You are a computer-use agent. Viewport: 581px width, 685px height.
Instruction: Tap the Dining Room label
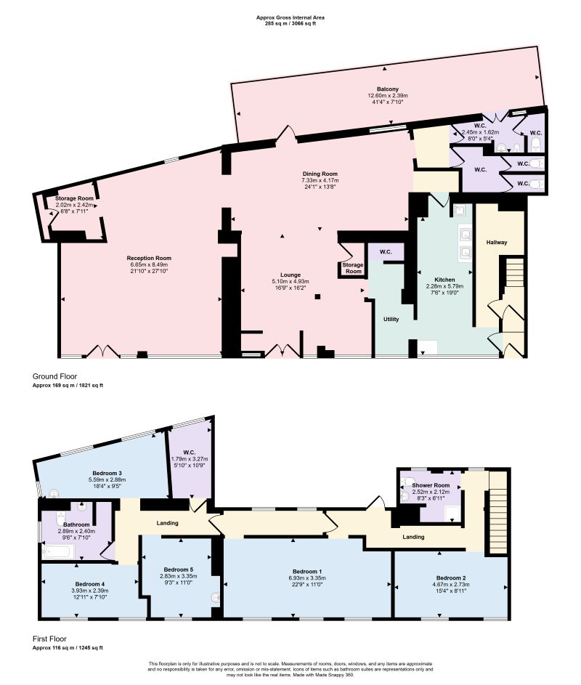(x=320, y=174)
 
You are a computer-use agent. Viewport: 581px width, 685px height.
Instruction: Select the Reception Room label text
(x=149, y=258)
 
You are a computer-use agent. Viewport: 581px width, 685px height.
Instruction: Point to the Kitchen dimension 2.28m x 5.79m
(x=444, y=287)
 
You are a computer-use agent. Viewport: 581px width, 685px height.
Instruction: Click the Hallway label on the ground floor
(x=497, y=243)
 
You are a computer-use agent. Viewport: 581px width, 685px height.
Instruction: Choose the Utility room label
(x=391, y=320)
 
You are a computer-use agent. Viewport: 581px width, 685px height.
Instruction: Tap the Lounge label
(x=290, y=275)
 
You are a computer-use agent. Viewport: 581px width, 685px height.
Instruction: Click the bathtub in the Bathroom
(x=60, y=552)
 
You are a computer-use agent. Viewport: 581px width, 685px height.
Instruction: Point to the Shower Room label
(x=431, y=485)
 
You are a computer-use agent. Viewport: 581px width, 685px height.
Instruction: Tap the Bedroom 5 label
(x=178, y=570)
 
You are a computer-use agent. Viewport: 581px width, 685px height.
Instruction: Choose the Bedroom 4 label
(x=89, y=584)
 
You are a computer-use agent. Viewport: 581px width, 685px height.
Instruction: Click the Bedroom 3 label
(x=107, y=473)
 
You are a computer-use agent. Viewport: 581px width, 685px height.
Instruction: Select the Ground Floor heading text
(x=54, y=376)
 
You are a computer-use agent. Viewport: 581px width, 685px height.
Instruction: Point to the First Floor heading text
(x=49, y=639)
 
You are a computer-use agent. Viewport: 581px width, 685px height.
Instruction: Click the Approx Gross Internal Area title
(x=290, y=18)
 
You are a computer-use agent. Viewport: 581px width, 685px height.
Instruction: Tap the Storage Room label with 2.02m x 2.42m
(x=74, y=198)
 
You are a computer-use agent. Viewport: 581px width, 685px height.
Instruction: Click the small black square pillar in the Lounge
(x=317, y=296)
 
